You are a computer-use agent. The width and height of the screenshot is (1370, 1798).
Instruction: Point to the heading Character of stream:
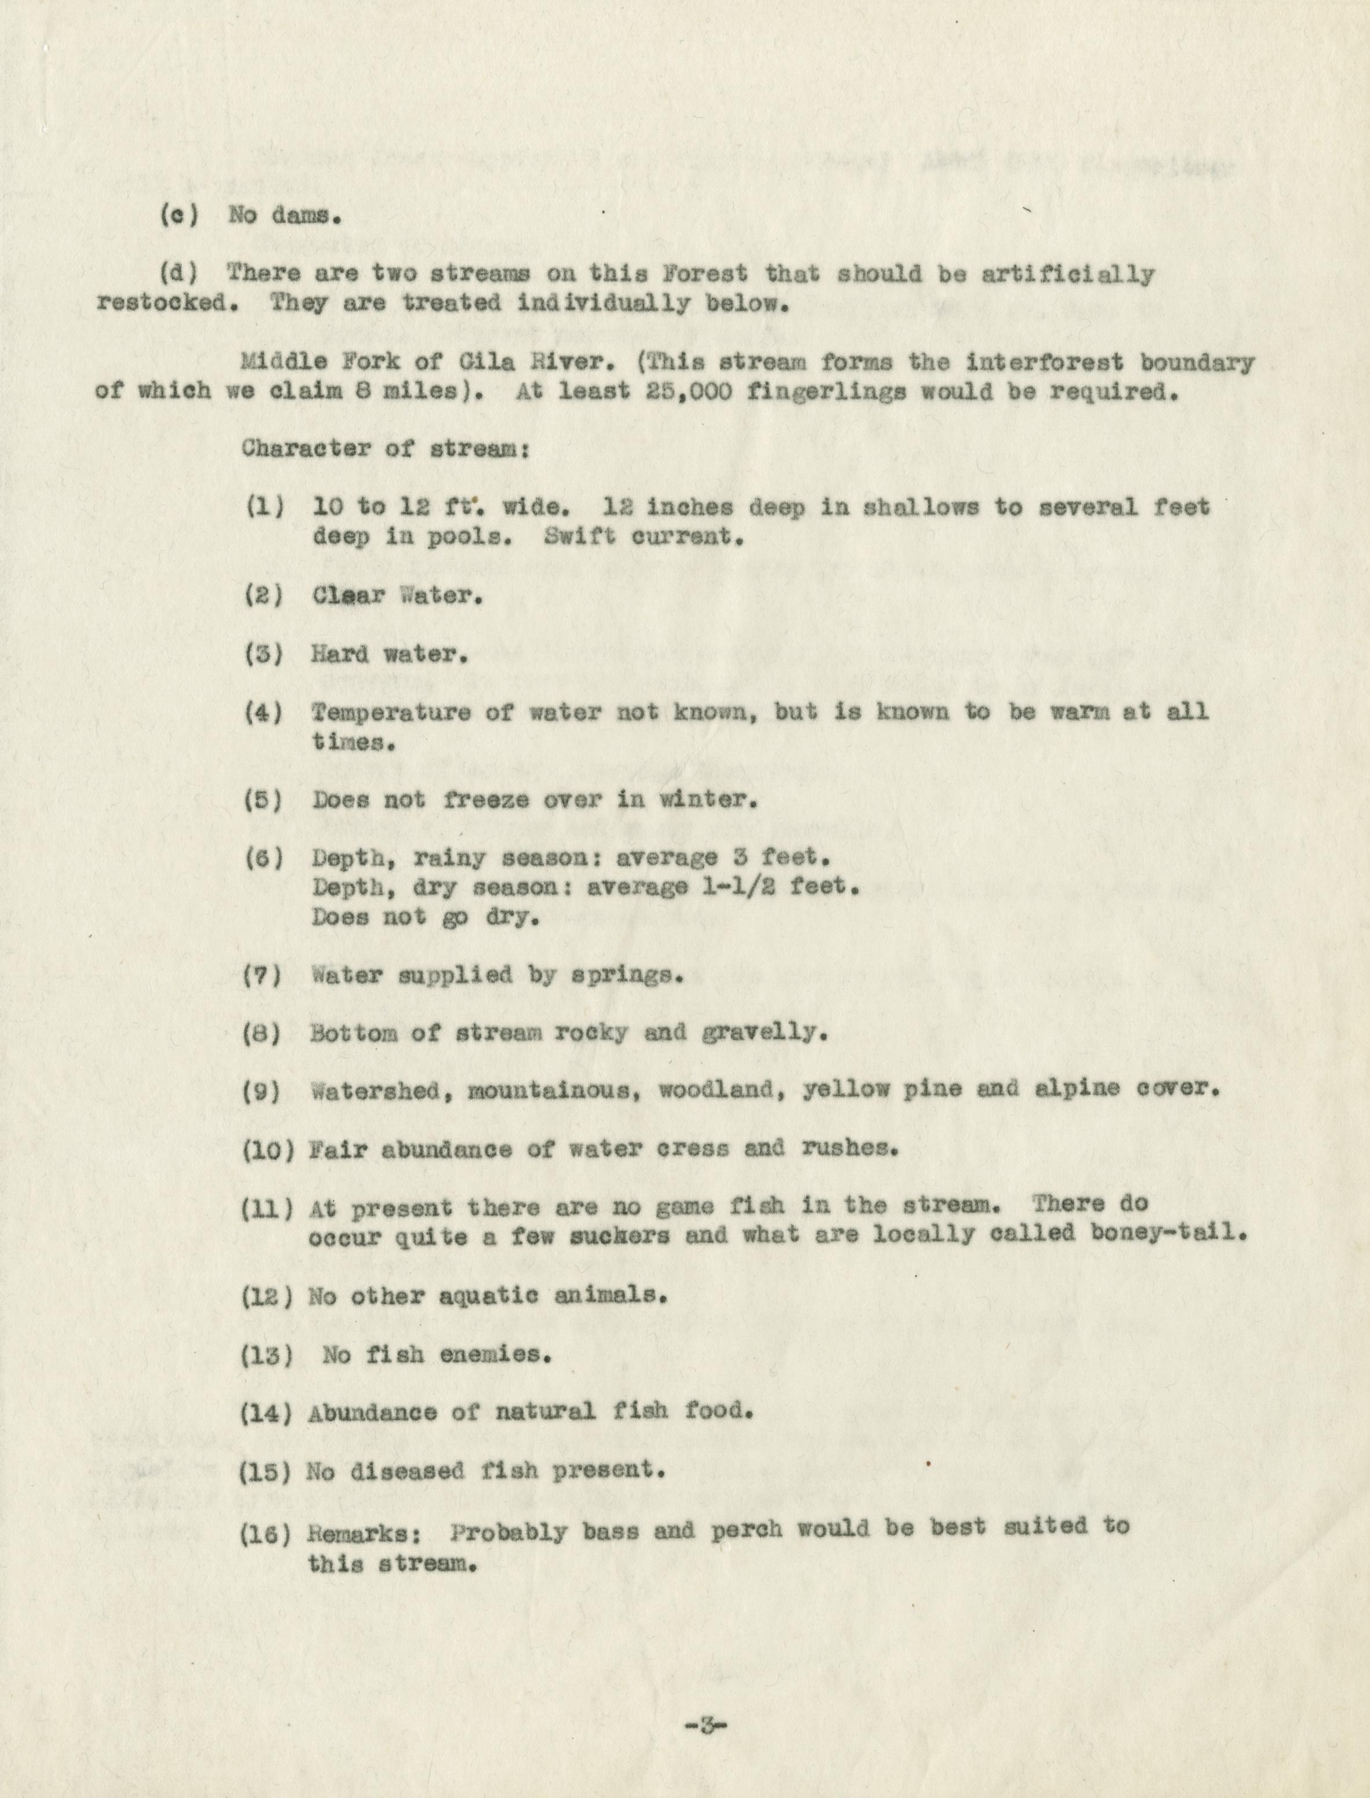(385, 449)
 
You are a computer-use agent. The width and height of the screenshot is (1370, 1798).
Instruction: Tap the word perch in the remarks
(746, 1531)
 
